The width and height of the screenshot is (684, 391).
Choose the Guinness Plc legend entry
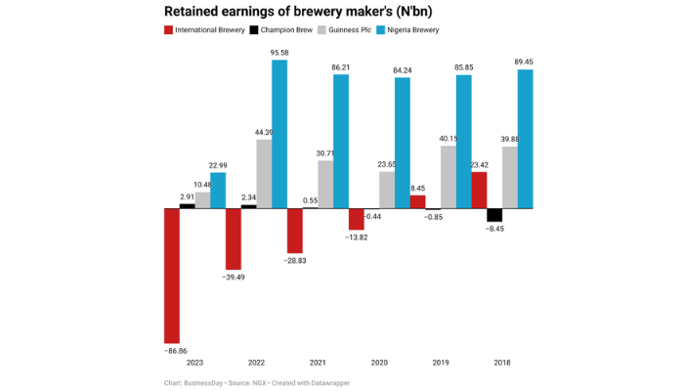[x=359, y=30]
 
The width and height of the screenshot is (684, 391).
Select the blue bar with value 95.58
[x=279, y=134]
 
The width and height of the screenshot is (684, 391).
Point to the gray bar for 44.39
[x=264, y=174]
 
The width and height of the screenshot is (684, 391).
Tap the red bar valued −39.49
[x=234, y=239]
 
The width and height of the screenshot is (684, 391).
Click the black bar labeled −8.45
[x=494, y=215]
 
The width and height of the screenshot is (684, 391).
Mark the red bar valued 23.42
[x=479, y=191]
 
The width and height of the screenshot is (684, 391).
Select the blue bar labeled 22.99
[x=218, y=191]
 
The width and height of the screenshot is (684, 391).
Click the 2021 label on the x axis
[x=318, y=362]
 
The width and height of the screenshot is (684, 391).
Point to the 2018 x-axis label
[x=502, y=362]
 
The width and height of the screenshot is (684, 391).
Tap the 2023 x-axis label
[x=194, y=362]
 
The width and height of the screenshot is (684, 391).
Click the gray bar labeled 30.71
[x=325, y=185]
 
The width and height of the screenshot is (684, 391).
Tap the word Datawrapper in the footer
[x=326, y=382]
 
